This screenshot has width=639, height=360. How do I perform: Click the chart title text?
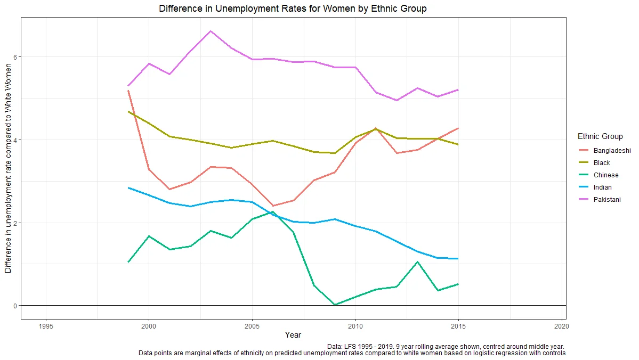pos(293,9)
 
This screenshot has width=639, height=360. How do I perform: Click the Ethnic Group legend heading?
pos(600,136)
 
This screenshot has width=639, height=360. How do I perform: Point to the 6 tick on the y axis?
pos(15,57)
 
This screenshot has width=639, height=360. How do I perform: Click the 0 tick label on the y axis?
pos(15,306)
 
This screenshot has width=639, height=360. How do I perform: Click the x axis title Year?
pos(293,335)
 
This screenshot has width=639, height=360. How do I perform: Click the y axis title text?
pos(8,168)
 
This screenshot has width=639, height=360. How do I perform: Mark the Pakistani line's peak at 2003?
pos(211,31)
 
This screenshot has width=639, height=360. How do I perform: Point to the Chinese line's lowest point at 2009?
pos(334,305)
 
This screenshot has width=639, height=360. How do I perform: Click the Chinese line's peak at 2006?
pos(272,212)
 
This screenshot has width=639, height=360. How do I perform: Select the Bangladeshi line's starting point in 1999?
pos(128,91)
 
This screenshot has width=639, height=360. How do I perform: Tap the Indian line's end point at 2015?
pos(458,258)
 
